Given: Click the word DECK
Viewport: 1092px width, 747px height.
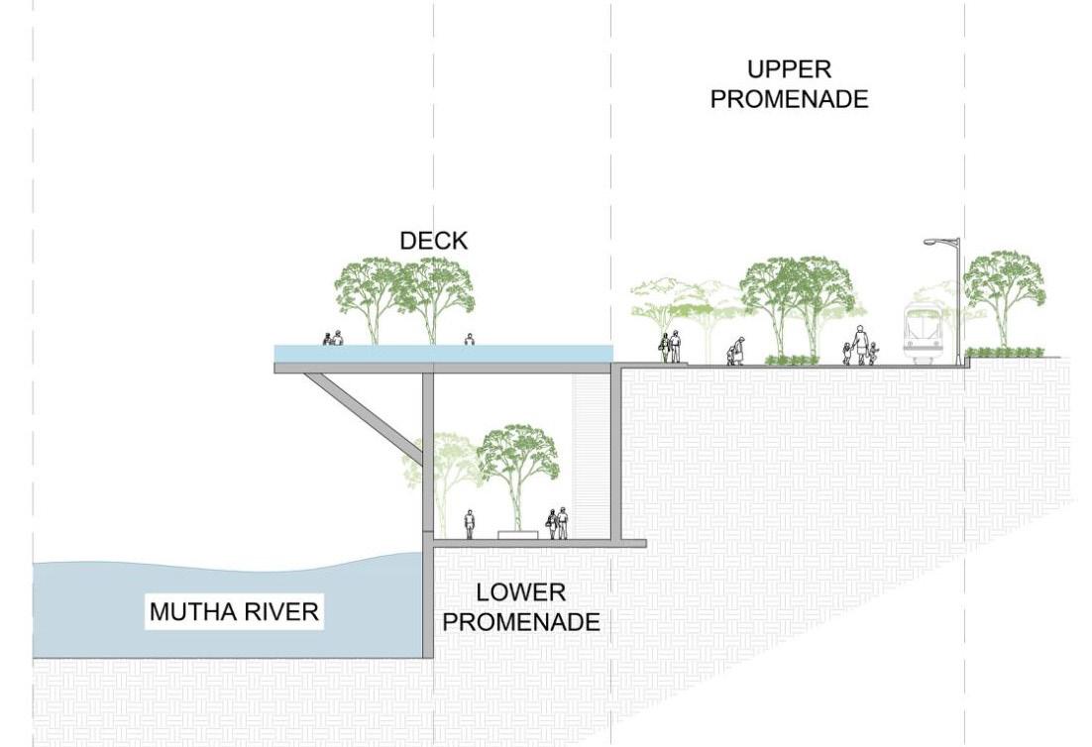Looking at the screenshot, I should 433,241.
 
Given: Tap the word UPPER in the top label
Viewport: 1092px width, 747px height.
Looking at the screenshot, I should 790,70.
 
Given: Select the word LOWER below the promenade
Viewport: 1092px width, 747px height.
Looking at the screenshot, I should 521,593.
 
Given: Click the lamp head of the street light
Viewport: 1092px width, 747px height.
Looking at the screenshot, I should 934,242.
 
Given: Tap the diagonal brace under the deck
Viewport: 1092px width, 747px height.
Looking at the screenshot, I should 364,416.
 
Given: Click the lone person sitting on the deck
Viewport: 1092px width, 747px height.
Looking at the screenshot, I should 469,340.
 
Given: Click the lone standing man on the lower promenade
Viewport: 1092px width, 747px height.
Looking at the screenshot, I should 470,524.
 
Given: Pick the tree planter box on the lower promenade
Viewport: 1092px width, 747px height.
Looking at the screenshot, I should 518,535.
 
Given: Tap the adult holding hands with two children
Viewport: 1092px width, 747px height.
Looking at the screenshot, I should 860,346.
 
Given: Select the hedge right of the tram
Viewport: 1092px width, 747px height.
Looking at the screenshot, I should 1005,352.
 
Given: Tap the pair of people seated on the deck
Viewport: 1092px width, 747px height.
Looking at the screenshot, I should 332,339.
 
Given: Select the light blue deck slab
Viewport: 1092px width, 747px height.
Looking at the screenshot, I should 443,354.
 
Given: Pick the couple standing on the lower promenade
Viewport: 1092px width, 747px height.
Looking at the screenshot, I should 557,523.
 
